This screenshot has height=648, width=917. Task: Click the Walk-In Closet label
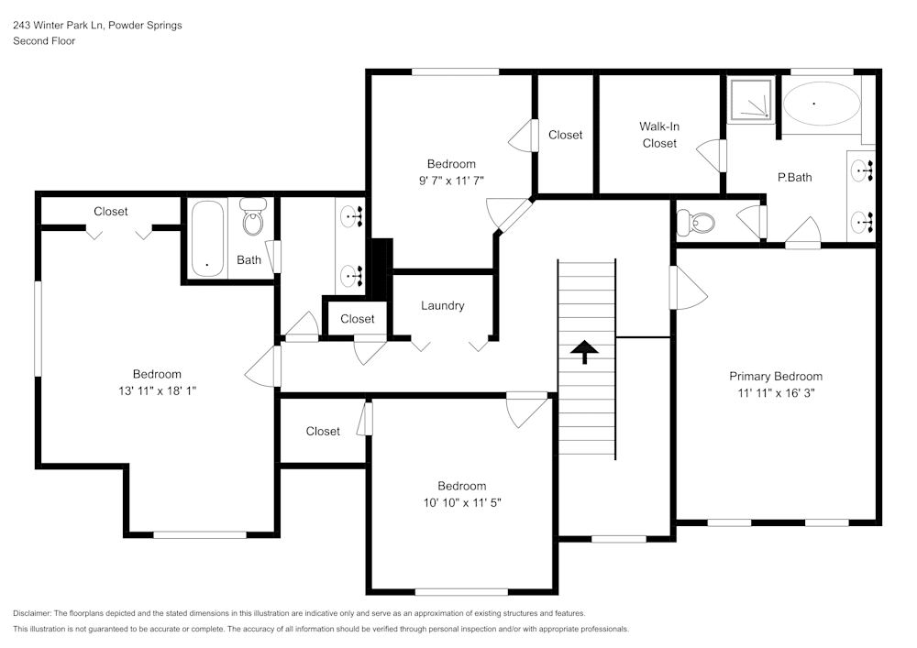coord(659,135)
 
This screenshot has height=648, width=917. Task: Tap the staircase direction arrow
coord(583,351)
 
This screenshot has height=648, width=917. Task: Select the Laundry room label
coord(442,305)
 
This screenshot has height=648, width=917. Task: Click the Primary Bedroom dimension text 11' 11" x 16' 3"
coord(775,392)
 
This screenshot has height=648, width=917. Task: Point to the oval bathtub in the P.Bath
coord(821,104)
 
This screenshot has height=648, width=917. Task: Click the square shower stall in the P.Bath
coord(751,100)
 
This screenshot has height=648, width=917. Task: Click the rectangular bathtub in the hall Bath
coord(207,238)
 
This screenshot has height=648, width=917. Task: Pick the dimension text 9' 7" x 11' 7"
coord(450,181)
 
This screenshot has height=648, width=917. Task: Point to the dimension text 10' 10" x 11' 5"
coord(461,502)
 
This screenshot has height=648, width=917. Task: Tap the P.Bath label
coord(794,178)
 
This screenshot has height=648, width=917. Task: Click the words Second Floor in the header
coord(44,41)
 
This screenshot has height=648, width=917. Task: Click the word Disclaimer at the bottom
coord(32,613)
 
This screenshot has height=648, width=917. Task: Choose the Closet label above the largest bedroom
coord(111,211)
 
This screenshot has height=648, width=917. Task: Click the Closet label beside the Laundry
coord(357,319)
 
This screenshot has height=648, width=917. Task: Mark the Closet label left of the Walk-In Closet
coord(565,135)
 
